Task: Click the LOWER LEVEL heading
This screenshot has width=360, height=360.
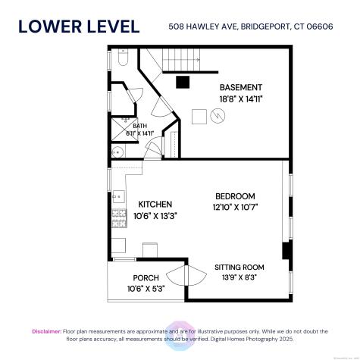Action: [79, 27]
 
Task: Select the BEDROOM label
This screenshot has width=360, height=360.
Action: [236, 196]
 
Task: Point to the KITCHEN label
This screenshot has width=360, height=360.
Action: [155, 204]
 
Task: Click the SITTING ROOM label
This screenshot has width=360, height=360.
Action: [239, 267]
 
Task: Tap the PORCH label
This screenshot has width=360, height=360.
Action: [146, 277]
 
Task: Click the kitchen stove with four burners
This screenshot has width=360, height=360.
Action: [119, 220]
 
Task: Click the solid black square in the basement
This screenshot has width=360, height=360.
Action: [182, 83]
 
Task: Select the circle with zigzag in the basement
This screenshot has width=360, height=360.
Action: [218, 117]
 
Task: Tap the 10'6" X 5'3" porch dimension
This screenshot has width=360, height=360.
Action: [146, 289]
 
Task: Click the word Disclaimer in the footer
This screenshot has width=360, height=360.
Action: [46, 331]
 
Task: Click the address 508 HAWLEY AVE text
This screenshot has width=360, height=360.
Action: [201, 27]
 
